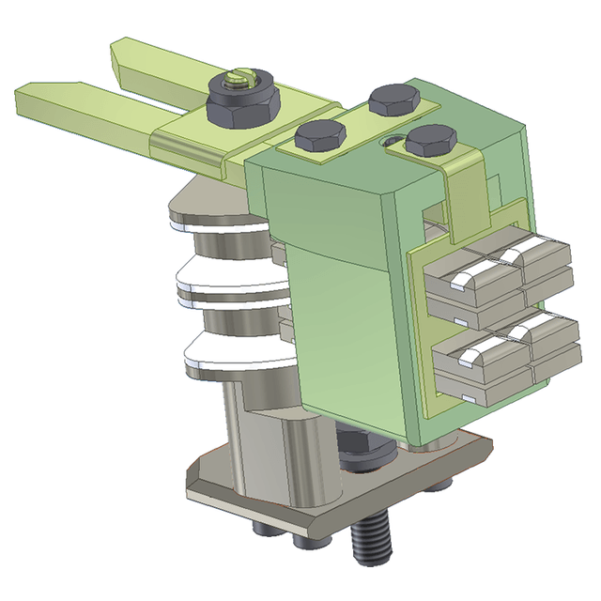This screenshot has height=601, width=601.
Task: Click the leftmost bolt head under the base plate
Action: click(x=263, y=531)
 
